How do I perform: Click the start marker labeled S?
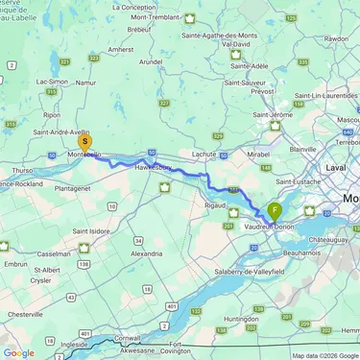(x=84, y=141)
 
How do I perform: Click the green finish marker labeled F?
(x=276, y=209)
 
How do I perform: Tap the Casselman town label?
(x=54, y=254)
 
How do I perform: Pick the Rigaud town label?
(x=220, y=204)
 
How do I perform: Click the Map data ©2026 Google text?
(x=325, y=355)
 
